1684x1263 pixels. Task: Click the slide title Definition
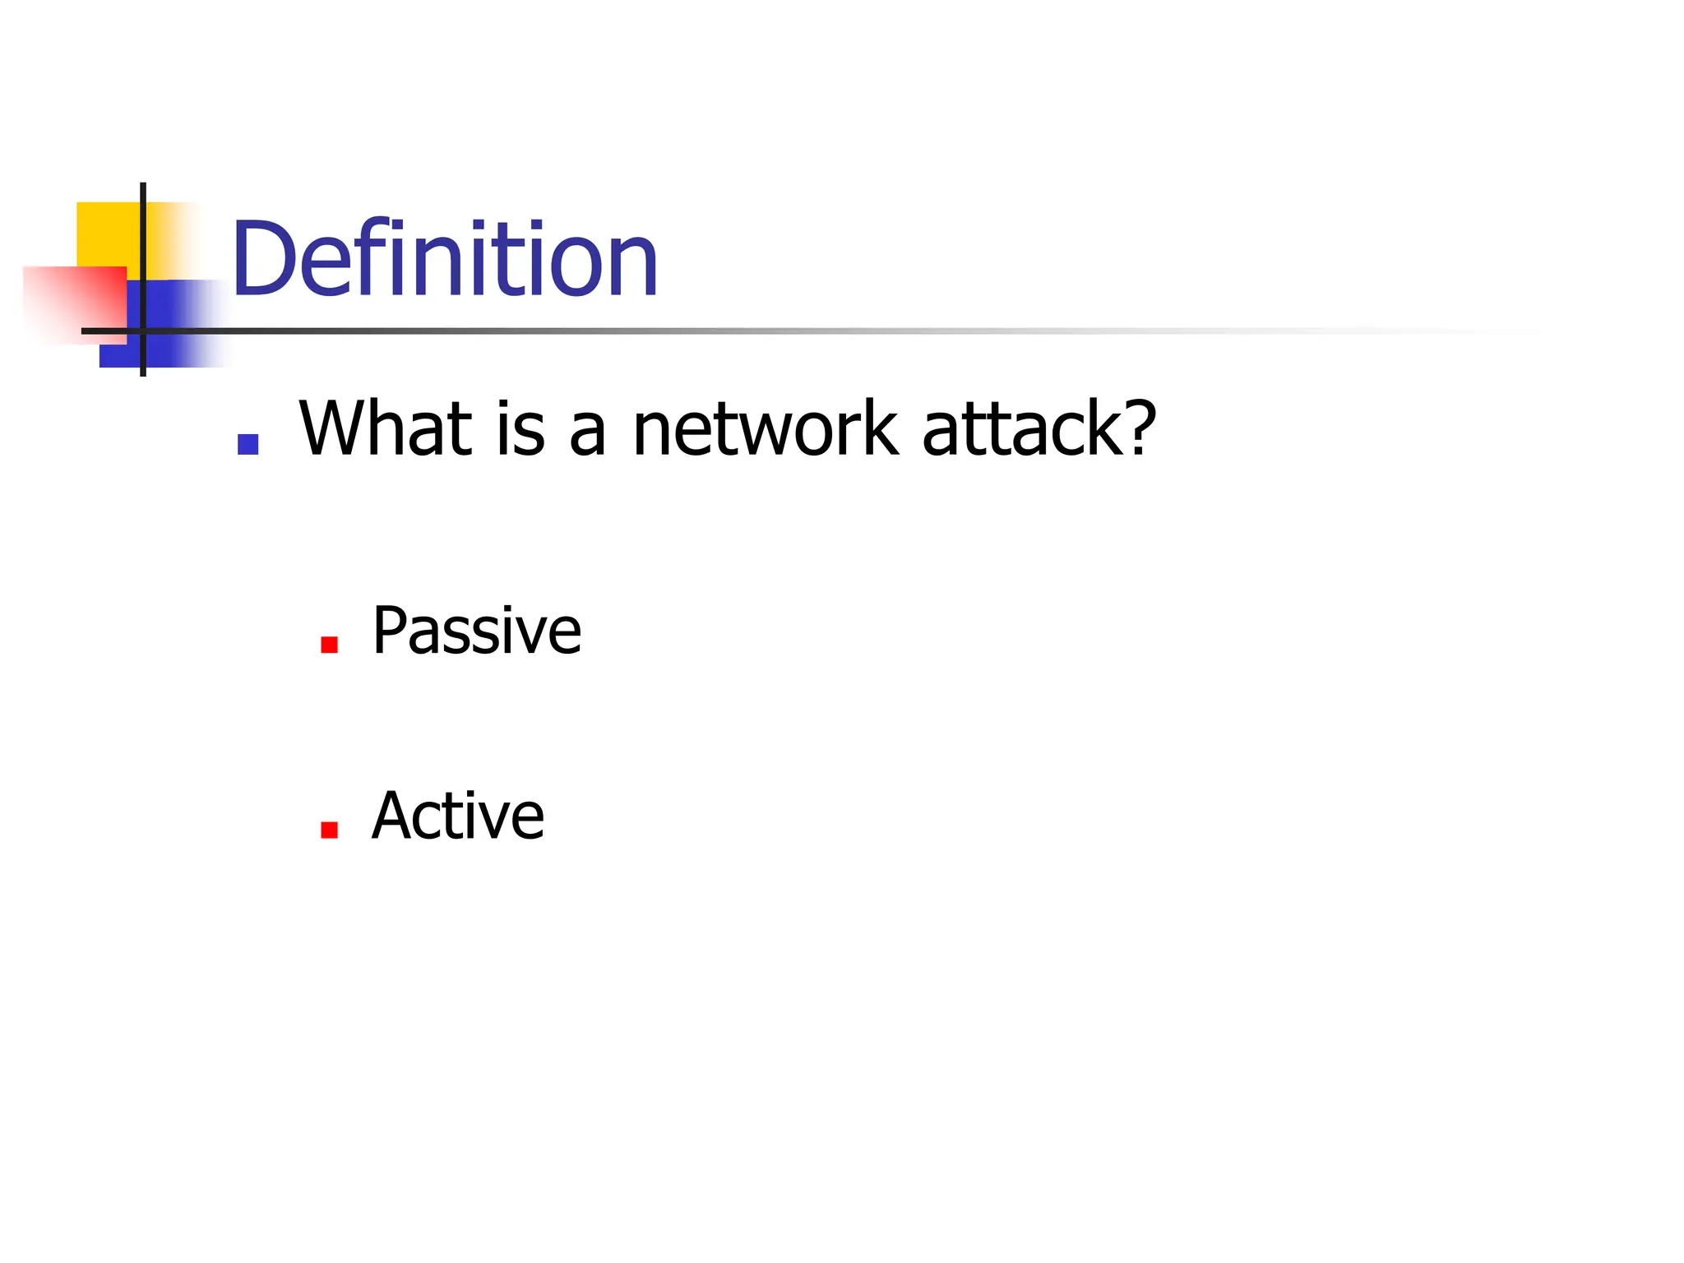(445, 259)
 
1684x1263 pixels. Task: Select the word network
(765, 429)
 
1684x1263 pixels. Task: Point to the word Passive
(476, 631)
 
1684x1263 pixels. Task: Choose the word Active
(457, 816)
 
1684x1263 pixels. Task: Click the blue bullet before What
(248, 444)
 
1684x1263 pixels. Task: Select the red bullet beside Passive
(330, 645)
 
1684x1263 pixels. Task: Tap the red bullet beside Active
(330, 830)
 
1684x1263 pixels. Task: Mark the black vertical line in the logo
(143, 247)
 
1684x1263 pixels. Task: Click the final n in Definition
(636, 267)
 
